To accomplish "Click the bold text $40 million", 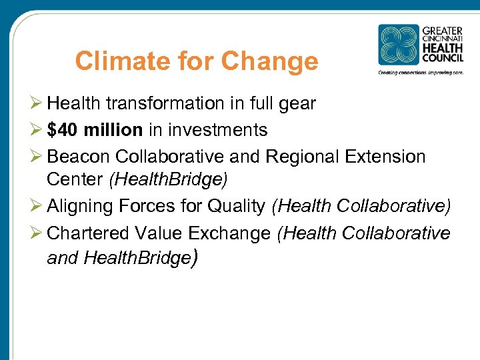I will (95, 130).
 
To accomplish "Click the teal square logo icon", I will (399, 45).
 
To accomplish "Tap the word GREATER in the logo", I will (442, 31).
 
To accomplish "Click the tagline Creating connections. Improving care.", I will (420, 72).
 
